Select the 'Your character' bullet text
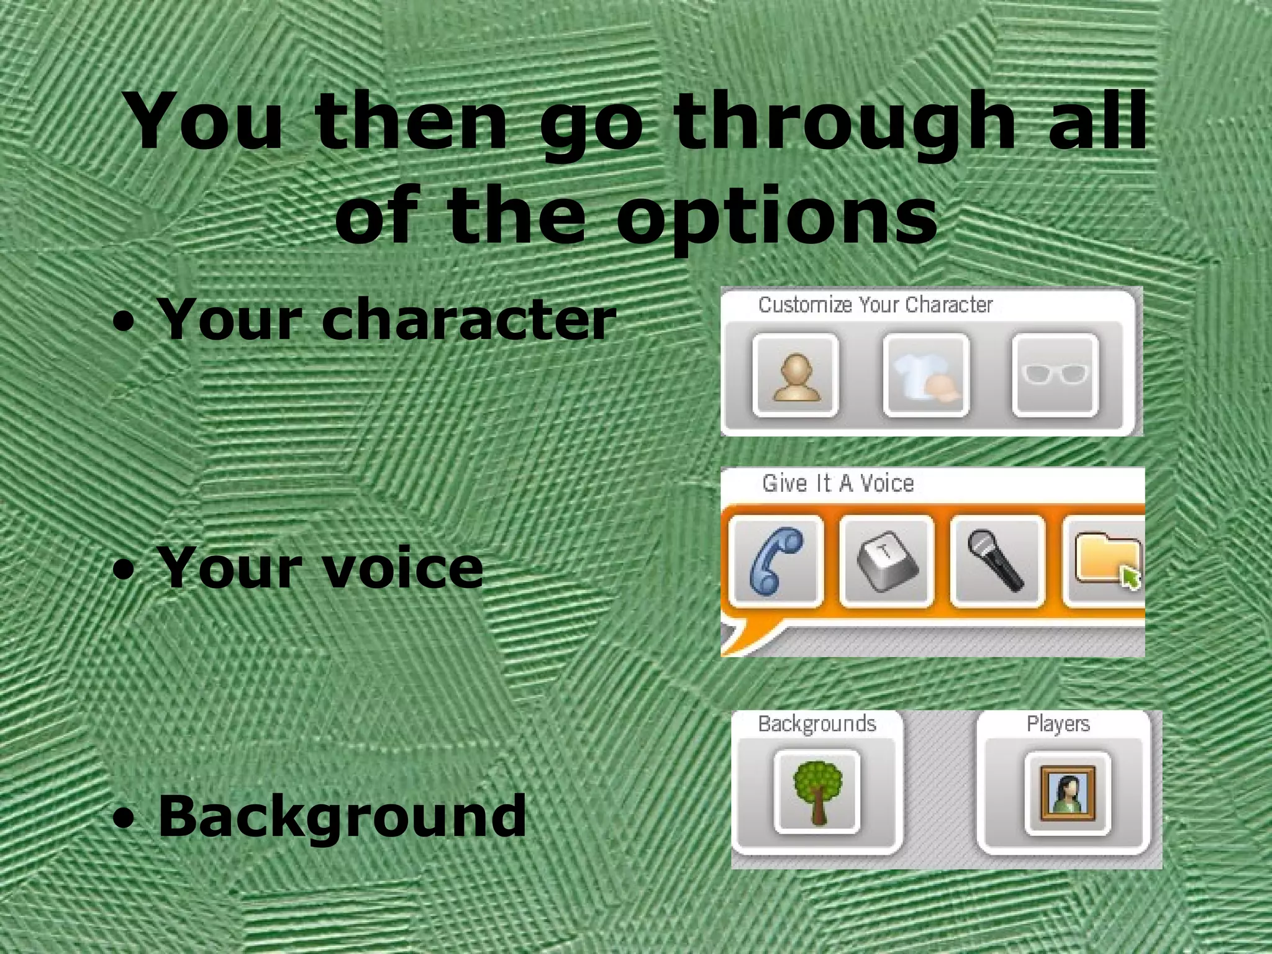tap(386, 319)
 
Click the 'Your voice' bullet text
tap(320, 568)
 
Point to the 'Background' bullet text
tap(342, 815)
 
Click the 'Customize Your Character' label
tap(875, 305)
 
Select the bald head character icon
tap(795, 376)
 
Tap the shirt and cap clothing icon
tap(926, 376)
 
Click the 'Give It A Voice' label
tap(838, 483)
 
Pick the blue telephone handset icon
tap(776, 561)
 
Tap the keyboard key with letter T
tap(886, 561)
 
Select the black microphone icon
tap(997, 561)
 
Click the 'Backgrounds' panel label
tap(817, 724)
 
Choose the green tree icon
tap(817, 792)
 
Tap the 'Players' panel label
tap(1058, 724)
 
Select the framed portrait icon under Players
tap(1067, 793)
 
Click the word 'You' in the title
tap(205, 123)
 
